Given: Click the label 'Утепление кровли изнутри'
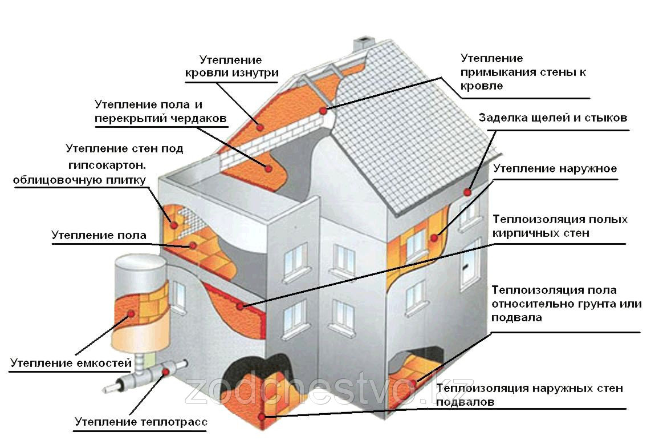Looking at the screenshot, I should pyautogui.click(x=231, y=66).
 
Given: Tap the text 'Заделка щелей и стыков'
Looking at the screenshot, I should pyautogui.click(x=553, y=118).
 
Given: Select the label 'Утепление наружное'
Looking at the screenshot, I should pyautogui.click(x=555, y=169).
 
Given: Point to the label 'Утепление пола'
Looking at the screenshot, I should pyautogui.click(x=99, y=235).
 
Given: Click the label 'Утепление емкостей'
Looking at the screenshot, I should pyautogui.click(x=71, y=362).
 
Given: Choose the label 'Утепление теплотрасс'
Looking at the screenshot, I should pyautogui.click(x=141, y=422).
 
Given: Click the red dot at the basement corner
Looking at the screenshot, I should pyautogui.click(x=262, y=417).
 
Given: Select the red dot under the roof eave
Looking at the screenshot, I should pyautogui.click(x=467, y=192).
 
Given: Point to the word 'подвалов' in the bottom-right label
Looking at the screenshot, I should pyautogui.click(x=465, y=402).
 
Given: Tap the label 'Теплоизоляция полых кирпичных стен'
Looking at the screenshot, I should pyautogui.click(x=560, y=226).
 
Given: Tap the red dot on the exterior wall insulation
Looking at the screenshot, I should pyautogui.click(x=434, y=237).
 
